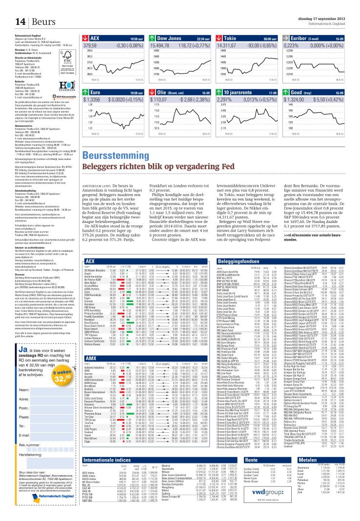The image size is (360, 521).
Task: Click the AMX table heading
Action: pyautogui.click(x=90, y=372)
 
